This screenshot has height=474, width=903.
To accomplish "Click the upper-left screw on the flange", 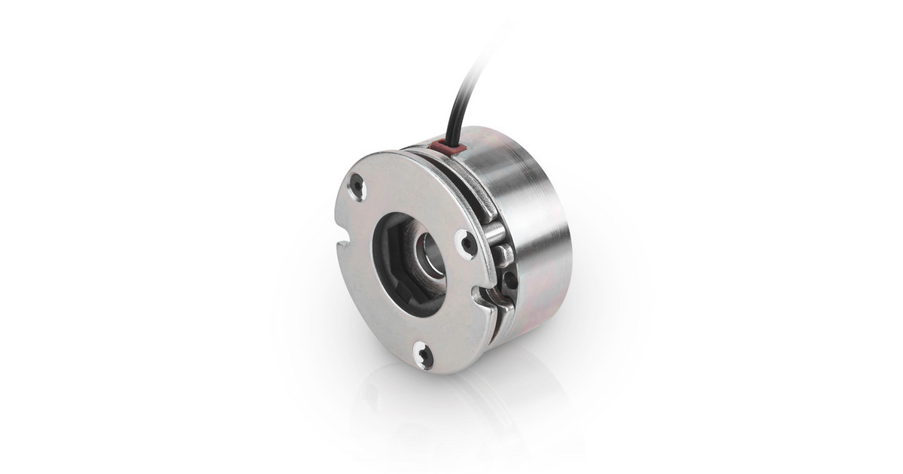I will (x=357, y=185).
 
